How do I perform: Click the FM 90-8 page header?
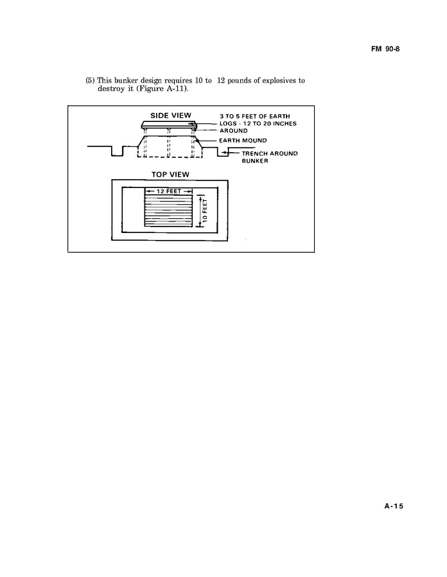coord(385,49)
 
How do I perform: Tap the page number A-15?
coord(394,506)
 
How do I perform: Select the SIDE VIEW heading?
coord(171,116)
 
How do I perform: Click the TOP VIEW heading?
coord(170,175)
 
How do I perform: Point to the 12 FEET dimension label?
coord(169,191)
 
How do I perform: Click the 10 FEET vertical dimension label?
coord(205,211)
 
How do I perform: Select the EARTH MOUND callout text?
coord(243,141)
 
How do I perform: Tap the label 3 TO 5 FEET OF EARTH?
coord(255,116)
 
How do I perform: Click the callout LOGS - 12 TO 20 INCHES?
coord(258,124)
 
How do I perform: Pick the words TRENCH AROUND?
coord(270,153)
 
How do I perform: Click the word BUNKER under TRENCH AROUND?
coord(255,161)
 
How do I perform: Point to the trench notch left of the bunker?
coord(117,151)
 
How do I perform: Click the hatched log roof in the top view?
coord(168,211)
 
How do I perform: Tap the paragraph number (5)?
coord(90,81)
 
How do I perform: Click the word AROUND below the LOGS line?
coord(234,131)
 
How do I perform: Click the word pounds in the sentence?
coord(240,81)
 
